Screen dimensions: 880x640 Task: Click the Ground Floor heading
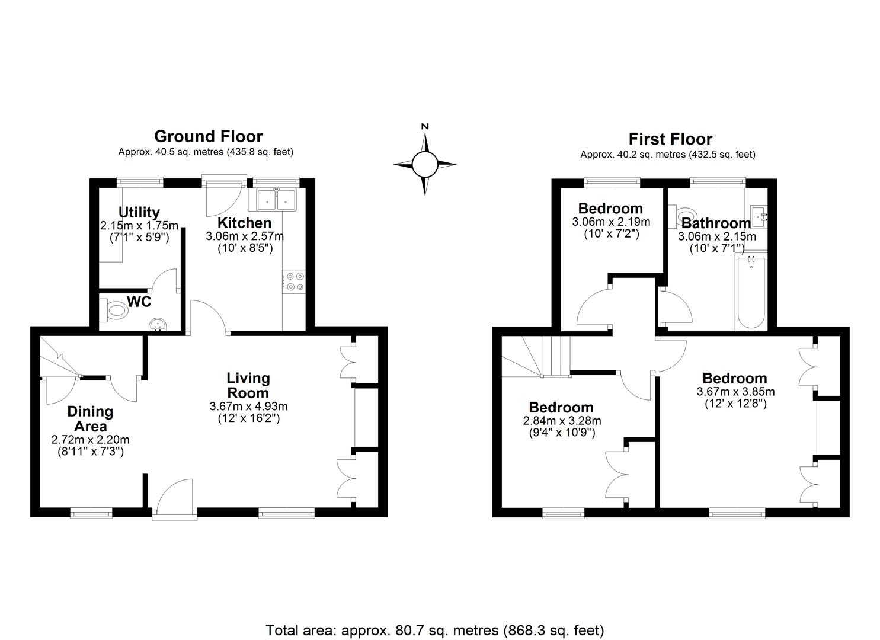click(x=208, y=137)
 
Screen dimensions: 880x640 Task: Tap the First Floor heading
click(x=670, y=139)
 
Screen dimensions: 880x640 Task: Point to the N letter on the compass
click(x=425, y=126)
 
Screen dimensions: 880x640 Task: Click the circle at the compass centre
click(x=425, y=165)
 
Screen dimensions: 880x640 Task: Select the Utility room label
click(x=139, y=212)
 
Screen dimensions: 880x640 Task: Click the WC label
click(x=139, y=302)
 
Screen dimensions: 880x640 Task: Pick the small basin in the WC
click(x=158, y=324)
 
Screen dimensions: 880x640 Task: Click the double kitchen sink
click(x=277, y=200)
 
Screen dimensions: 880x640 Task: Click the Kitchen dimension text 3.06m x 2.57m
click(x=245, y=236)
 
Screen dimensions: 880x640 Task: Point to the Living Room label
click(x=248, y=385)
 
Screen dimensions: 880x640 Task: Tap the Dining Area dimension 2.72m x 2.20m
click(x=90, y=440)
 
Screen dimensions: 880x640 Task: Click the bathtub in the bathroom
click(x=751, y=292)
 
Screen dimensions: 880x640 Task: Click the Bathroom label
click(x=716, y=223)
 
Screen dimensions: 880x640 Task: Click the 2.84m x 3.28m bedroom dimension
click(x=562, y=421)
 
